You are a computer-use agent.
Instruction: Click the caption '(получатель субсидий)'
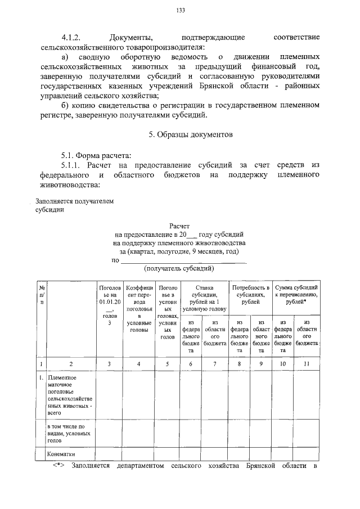tap(179, 268)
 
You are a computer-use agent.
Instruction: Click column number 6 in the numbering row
tap(191, 364)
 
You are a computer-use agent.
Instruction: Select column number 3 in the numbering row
tap(110, 364)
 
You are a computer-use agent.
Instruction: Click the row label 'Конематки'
tap(61, 454)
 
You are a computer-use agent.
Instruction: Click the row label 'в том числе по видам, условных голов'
tap(66, 433)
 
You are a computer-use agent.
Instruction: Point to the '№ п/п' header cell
tap(42, 294)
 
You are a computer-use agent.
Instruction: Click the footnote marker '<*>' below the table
tap(59, 466)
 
